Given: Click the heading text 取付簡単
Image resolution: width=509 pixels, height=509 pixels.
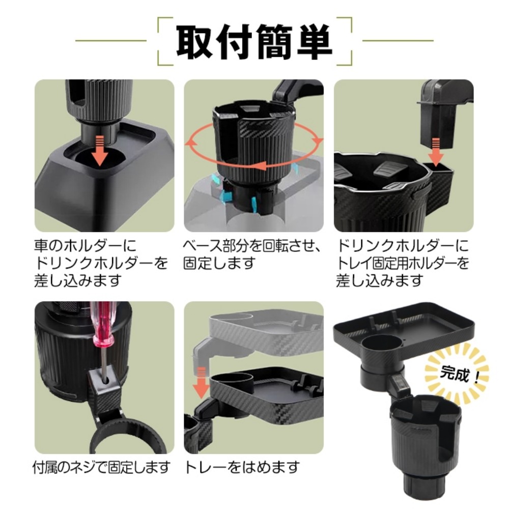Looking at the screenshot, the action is (254, 42).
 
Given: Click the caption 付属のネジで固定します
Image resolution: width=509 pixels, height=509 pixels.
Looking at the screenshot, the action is (101, 467).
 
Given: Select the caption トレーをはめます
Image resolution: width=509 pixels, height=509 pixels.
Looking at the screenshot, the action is (242, 467).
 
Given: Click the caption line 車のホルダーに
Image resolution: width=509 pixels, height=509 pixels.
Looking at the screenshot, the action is (86, 246).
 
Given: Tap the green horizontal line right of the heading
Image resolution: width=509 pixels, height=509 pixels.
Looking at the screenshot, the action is (398, 41).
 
